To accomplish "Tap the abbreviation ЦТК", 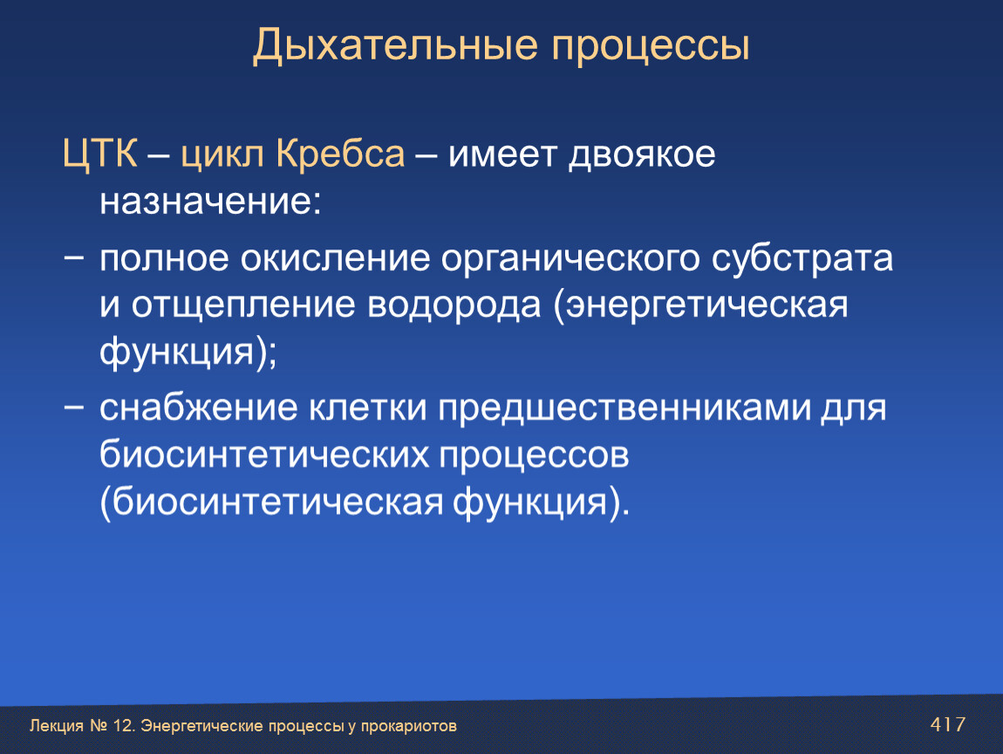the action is click(x=99, y=154).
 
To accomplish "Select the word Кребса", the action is click(x=340, y=154).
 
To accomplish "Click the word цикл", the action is click(x=222, y=155).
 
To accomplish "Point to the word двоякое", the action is click(x=642, y=155).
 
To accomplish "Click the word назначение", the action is click(x=210, y=202).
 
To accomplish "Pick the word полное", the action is click(x=164, y=259).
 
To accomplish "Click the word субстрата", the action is click(x=802, y=259).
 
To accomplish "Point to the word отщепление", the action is click(x=243, y=306).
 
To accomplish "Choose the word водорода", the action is click(x=454, y=305).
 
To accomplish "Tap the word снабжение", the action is click(x=198, y=408).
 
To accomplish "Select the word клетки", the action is click(x=368, y=408).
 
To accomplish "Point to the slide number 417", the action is click(x=948, y=724).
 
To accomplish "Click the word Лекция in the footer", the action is click(x=57, y=726).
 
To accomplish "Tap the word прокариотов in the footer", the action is click(x=409, y=726).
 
